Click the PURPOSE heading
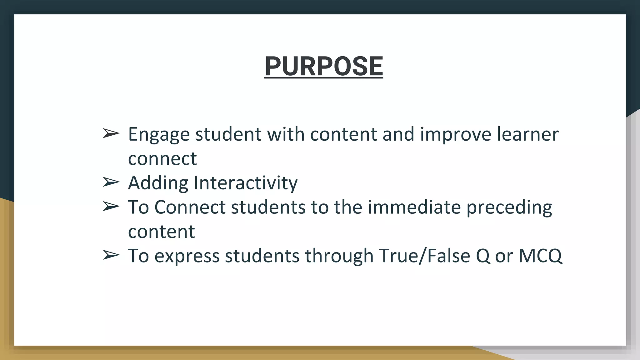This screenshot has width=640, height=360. (x=323, y=66)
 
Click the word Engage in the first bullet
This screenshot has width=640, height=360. (x=159, y=135)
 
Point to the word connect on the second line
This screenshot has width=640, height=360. (x=162, y=159)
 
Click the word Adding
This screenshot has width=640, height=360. (x=158, y=183)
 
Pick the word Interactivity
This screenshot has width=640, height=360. (x=246, y=183)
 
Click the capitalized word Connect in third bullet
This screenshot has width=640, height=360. (x=190, y=207)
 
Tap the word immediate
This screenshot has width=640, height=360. (x=414, y=207)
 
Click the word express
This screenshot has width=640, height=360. (x=187, y=256)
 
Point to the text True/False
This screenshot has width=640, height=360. (x=424, y=256)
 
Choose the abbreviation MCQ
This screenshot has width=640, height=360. (x=540, y=256)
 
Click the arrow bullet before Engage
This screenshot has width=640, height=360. (x=111, y=134)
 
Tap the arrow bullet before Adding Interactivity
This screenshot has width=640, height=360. (x=111, y=182)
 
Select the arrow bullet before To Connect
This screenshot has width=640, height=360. (x=111, y=207)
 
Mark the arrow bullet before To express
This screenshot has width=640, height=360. (x=111, y=255)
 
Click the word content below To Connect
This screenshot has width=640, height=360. (x=161, y=232)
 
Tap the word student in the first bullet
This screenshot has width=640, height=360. (x=228, y=134)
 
